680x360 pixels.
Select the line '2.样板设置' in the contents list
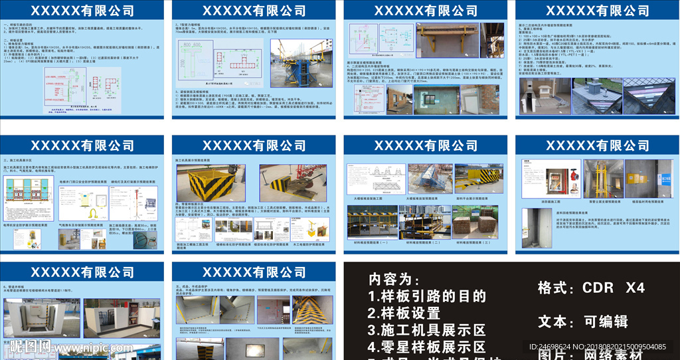pos(404,313)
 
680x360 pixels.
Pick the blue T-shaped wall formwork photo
pos(297,63)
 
